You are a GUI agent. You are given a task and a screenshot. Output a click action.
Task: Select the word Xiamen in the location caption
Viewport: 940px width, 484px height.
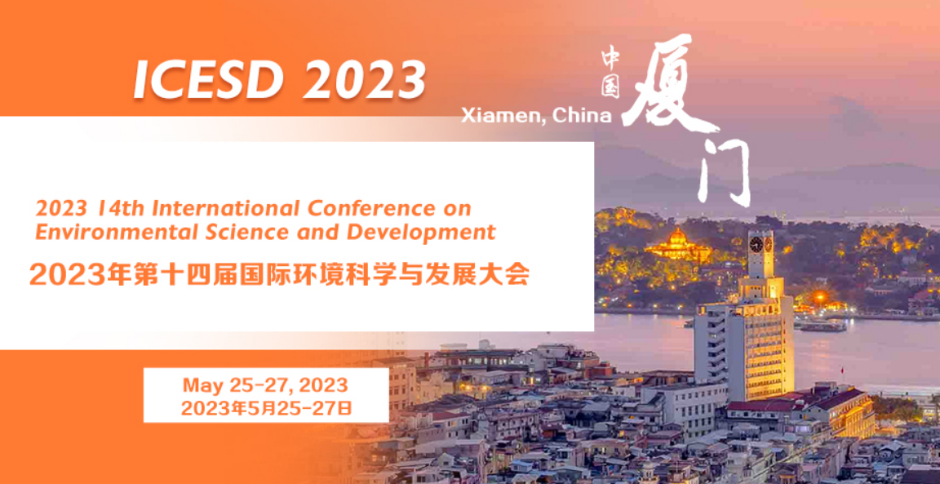click(503, 117)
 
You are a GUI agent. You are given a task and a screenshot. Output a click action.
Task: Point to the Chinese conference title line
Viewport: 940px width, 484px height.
click(279, 275)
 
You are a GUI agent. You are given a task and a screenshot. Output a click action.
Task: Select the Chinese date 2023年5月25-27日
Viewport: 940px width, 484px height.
click(266, 408)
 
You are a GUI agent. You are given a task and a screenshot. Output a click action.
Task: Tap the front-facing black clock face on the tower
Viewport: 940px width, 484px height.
click(756, 245)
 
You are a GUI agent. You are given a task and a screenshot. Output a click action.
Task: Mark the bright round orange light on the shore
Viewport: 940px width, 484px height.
click(819, 296)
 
